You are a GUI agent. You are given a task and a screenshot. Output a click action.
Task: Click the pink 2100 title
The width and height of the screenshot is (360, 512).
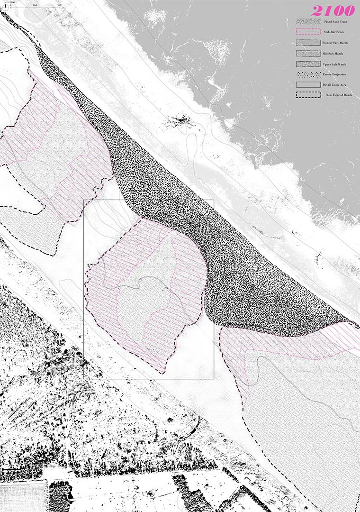[x=333, y=10]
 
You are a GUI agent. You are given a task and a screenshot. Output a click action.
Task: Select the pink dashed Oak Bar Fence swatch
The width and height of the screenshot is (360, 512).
[x=308, y=32]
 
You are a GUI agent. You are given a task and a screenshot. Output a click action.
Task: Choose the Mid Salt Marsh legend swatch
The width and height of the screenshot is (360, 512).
[x=308, y=53]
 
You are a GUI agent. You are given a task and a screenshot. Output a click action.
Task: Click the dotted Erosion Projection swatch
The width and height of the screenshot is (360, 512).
[x=308, y=74]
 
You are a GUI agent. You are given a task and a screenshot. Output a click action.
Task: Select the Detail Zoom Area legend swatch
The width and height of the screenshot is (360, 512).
[x=308, y=84]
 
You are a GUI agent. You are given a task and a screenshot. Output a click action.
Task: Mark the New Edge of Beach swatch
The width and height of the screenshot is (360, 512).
[x=308, y=95]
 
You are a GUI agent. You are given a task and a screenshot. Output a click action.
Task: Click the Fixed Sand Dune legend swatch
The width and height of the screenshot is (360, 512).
[x=308, y=22]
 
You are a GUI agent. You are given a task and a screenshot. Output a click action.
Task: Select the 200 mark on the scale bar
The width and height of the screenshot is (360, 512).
[x=58, y=4]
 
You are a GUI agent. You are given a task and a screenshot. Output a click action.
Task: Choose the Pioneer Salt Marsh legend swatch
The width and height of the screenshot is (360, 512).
[x=308, y=43]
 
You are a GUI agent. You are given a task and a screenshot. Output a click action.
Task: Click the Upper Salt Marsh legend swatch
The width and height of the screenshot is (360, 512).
[x=308, y=64]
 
